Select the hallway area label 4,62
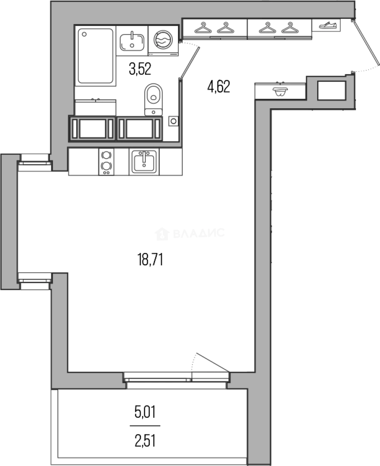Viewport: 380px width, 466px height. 219,88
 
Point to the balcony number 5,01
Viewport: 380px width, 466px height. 145,412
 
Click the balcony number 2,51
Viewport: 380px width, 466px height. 145,441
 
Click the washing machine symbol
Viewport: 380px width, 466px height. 163,40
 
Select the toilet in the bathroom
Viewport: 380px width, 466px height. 154,98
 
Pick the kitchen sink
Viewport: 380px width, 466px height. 144,162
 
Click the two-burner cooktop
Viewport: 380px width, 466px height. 106,162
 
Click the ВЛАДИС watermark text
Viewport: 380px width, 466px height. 198,233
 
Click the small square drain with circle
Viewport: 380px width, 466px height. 173,121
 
